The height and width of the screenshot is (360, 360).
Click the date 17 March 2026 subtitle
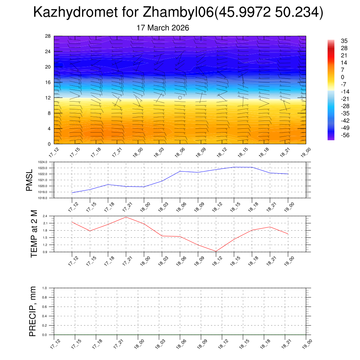[163, 28]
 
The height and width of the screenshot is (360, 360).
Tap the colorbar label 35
[344, 41]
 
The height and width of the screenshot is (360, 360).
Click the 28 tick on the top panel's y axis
[48, 36]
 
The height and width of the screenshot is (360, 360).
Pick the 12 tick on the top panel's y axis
[48, 98]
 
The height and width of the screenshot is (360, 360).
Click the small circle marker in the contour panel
[180, 98]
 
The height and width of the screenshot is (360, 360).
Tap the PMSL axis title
[29, 180]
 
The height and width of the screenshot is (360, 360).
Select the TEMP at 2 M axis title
[34, 233]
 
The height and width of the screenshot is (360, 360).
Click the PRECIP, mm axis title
[32, 311]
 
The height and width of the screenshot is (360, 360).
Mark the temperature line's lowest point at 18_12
[216, 251]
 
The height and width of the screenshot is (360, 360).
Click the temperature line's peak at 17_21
[126, 217]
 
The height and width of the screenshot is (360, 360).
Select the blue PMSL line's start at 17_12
[72, 193]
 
